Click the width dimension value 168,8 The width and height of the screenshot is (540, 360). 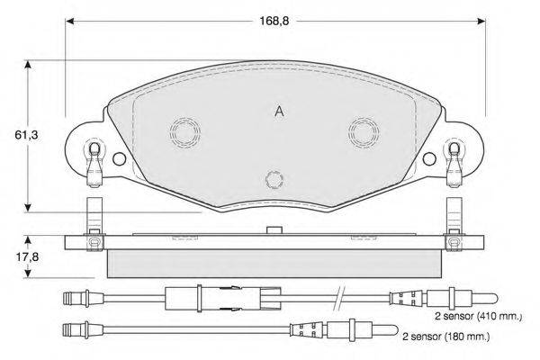point(274,22)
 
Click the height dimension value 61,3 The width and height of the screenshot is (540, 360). point(26,135)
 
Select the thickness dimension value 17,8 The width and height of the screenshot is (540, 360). point(27,257)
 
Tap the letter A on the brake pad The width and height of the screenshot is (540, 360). point(279,112)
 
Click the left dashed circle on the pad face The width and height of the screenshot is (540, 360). point(184,119)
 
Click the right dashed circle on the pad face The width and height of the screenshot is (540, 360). point(364,119)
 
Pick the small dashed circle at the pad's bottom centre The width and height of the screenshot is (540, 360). point(274,172)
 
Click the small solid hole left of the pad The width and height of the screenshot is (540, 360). point(120,153)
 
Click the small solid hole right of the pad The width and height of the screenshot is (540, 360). point(429,153)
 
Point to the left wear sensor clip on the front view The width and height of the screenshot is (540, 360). point(94,165)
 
